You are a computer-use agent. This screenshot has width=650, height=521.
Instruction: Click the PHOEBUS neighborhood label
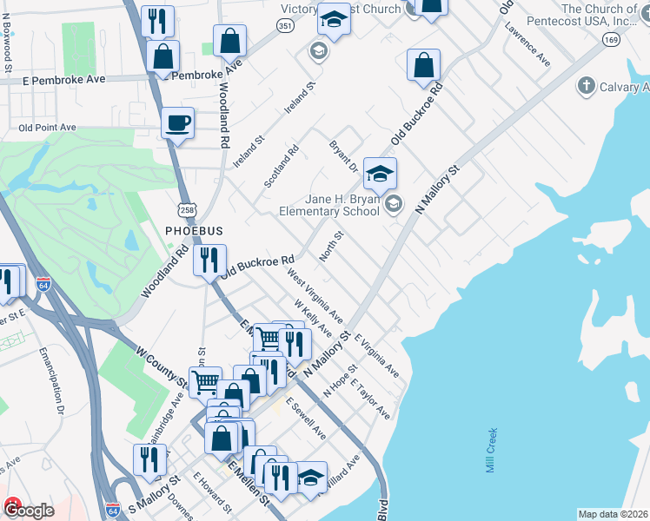click(195, 231)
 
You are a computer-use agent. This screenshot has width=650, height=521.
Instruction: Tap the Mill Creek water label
click(491, 450)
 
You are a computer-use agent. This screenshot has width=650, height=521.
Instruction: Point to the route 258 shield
click(191, 210)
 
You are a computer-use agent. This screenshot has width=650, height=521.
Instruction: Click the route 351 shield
click(285, 27)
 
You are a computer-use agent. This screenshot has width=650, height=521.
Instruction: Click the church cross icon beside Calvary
click(586, 86)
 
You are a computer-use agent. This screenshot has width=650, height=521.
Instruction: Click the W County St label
click(162, 367)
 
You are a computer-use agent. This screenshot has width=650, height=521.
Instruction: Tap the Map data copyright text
click(613, 514)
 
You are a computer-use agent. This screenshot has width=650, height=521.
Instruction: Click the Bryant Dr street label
click(342, 156)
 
